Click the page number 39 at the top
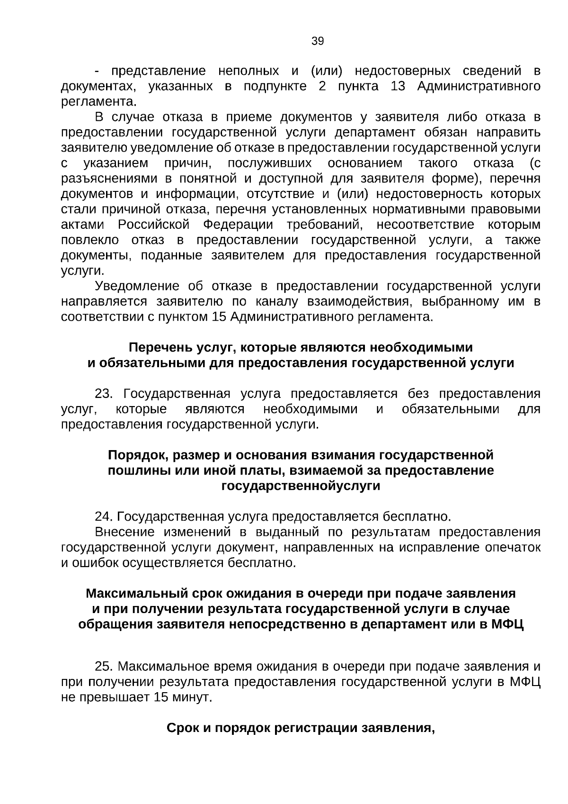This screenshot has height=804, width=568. pos(318,41)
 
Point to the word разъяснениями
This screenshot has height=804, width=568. pos(110,179)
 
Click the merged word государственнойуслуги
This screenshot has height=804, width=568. pos(301,486)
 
